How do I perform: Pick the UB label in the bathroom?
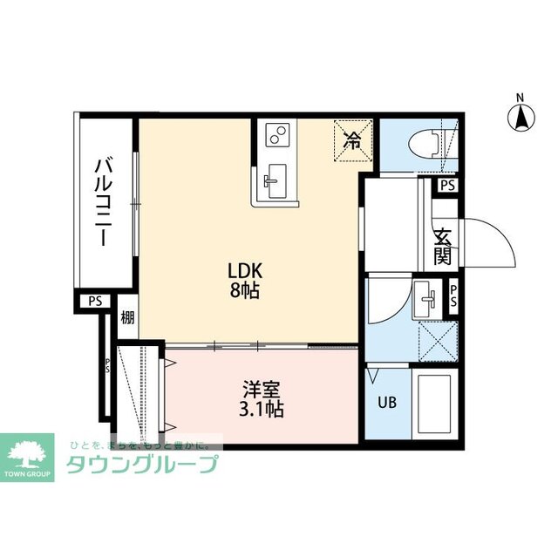point(384,403)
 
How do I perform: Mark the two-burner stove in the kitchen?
point(278,135)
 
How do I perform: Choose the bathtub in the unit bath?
point(433,405)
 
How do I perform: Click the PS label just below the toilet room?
point(447,185)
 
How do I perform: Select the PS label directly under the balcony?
point(95,301)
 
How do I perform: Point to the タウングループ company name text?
point(141,464)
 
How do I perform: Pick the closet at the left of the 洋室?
point(139,392)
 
